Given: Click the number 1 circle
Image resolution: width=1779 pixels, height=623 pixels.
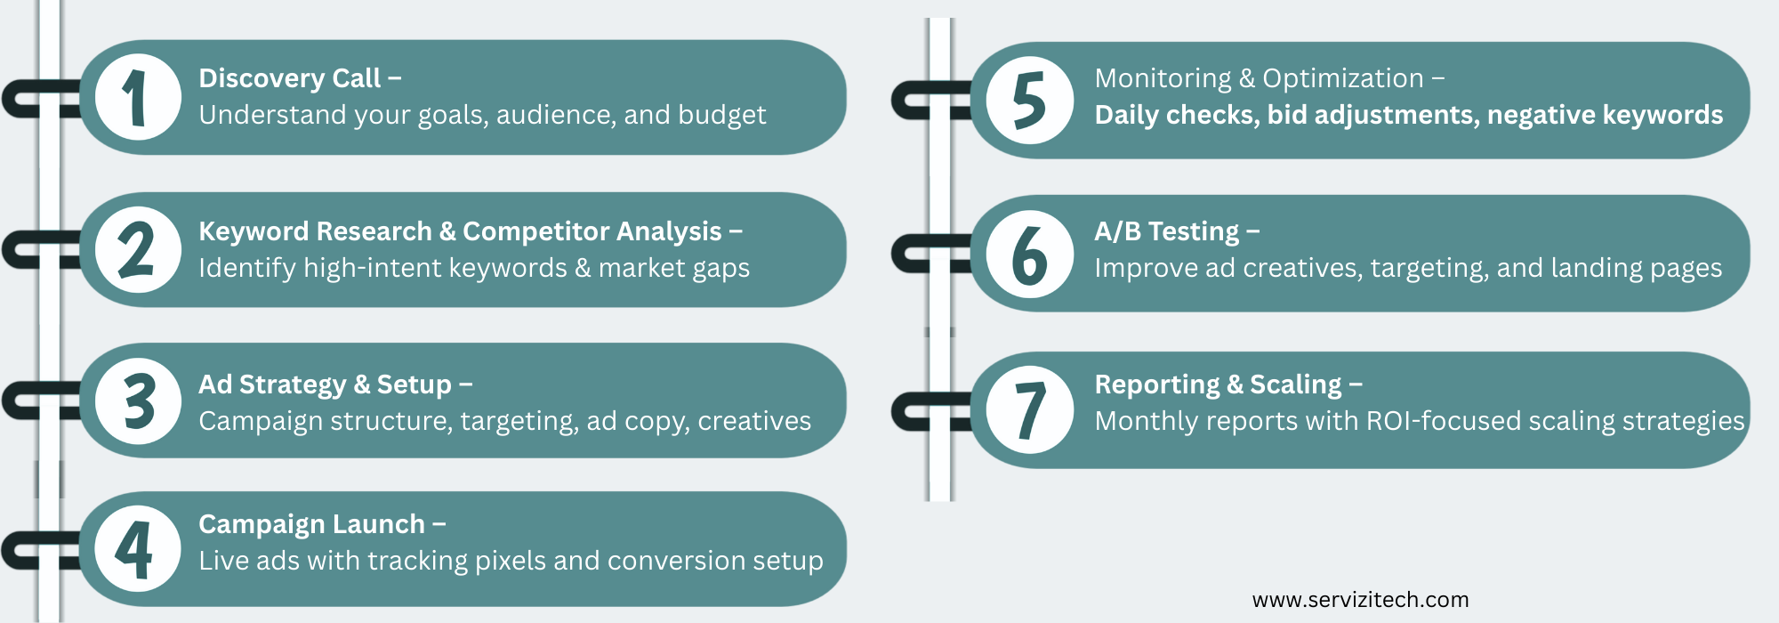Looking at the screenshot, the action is (138, 97).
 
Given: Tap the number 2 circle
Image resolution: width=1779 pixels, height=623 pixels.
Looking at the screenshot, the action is (138, 250).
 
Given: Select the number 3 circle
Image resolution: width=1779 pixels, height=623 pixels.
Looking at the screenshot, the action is (138, 401).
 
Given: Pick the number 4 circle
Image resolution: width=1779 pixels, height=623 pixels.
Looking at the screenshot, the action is (138, 549).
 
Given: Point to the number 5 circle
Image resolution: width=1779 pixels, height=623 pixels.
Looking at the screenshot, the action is (1030, 100).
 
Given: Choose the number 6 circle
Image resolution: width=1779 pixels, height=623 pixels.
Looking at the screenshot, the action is (1030, 254).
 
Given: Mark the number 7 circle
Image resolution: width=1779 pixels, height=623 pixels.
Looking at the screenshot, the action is (1030, 409).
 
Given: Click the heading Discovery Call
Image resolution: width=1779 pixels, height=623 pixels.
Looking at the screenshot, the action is (290, 78).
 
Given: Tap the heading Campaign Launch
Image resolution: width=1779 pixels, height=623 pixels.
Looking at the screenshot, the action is (312, 524).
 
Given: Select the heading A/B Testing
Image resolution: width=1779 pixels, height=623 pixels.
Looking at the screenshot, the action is (1167, 231).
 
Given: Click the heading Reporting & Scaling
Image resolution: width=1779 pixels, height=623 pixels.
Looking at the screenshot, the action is (1219, 384).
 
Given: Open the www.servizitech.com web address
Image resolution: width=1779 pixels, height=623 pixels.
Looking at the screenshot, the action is (1360, 600).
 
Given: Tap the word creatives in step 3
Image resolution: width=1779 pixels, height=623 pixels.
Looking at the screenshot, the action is (754, 421).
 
